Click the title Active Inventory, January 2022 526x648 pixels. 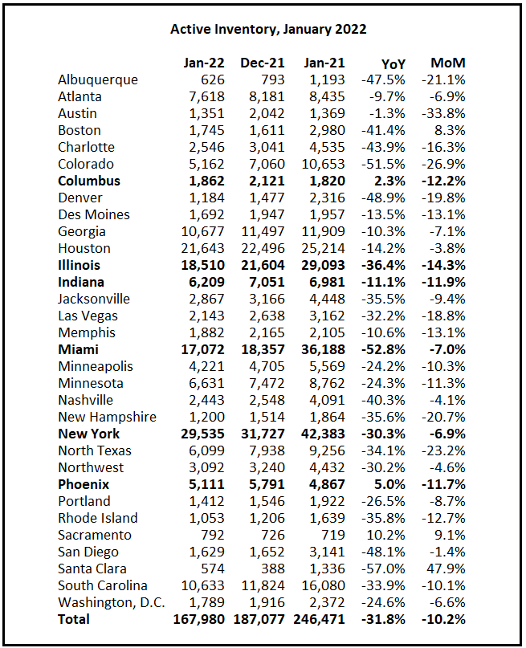pyautogui.click(x=268, y=29)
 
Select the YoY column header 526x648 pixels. pyautogui.click(x=394, y=63)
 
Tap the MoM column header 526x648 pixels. pyautogui.click(x=447, y=63)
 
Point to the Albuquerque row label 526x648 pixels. pyautogui.click(x=98, y=79)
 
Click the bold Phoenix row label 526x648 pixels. pyautogui.click(x=84, y=484)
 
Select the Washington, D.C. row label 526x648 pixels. pyautogui.click(x=108, y=602)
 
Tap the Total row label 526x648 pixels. pyautogui.click(x=74, y=619)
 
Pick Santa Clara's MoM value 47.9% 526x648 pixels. pyautogui.click(x=447, y=569)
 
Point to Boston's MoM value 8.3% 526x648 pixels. pyautogui.click(x=451, y=130)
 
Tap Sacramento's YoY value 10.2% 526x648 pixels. pyautogui.click(x=390, y=535)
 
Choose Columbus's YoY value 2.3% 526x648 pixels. pyautogui.click(x=393, y=181)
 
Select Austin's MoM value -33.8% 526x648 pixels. pyautogui.click(x=442, y=113)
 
